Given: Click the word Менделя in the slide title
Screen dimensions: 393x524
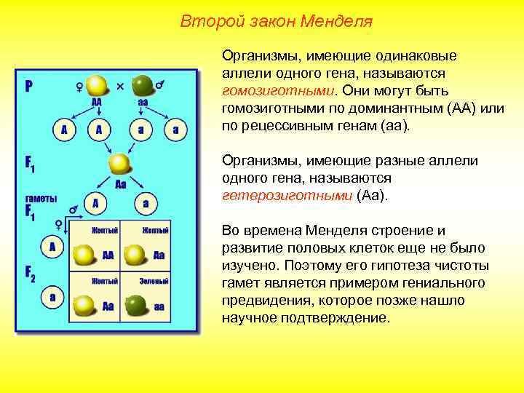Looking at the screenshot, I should click(336, 21).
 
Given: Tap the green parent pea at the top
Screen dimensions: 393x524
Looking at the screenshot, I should click(143, 84).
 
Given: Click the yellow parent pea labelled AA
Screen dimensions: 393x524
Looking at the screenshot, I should click(96, 84).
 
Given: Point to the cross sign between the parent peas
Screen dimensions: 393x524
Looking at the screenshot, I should click(120, 86).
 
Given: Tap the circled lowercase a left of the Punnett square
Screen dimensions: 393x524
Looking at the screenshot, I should click(52, 297).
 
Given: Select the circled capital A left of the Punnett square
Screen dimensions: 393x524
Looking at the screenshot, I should click(52, 247).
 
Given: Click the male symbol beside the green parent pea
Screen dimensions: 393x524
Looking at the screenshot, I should click(159, 84).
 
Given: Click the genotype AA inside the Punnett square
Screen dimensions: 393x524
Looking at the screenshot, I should click(108, 255).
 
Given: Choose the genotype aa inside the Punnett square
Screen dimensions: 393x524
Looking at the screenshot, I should click(158, 307).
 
